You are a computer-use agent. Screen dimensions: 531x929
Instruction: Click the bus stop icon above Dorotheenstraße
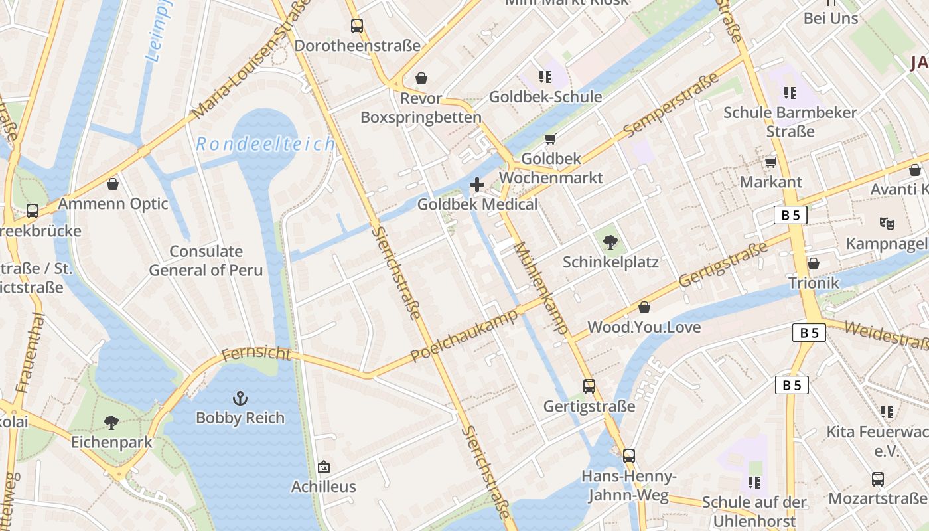[357, 26]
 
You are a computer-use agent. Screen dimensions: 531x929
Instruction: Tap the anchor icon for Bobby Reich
[240, 398]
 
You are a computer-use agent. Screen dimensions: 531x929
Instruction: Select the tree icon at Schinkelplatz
[610, 242]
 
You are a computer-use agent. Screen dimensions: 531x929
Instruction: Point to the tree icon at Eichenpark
[111, 422]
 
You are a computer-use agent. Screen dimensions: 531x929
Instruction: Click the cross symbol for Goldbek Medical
[476, 185]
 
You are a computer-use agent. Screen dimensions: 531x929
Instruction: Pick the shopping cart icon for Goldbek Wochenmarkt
[549, 139]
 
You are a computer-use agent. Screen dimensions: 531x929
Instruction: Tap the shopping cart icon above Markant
[770, 162]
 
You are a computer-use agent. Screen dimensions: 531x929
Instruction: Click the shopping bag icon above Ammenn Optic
[113, 183]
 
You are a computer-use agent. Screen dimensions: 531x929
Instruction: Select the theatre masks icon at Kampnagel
[887, 224]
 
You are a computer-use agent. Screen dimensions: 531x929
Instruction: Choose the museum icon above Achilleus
[324, 467]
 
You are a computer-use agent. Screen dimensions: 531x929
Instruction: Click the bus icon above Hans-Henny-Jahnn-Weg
[628, 456]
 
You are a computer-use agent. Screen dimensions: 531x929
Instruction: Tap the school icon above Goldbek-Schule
[545, 77]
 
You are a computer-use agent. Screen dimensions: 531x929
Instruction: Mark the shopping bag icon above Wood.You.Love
[644, 307]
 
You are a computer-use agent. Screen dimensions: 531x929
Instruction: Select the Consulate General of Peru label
[206, 261]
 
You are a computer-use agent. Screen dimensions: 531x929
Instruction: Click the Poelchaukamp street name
[463, 335]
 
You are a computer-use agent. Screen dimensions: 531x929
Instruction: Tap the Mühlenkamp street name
[541, 287]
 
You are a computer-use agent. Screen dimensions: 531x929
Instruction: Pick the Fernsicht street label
[256, 354]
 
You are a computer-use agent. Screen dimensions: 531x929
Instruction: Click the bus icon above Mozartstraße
[877, 479]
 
